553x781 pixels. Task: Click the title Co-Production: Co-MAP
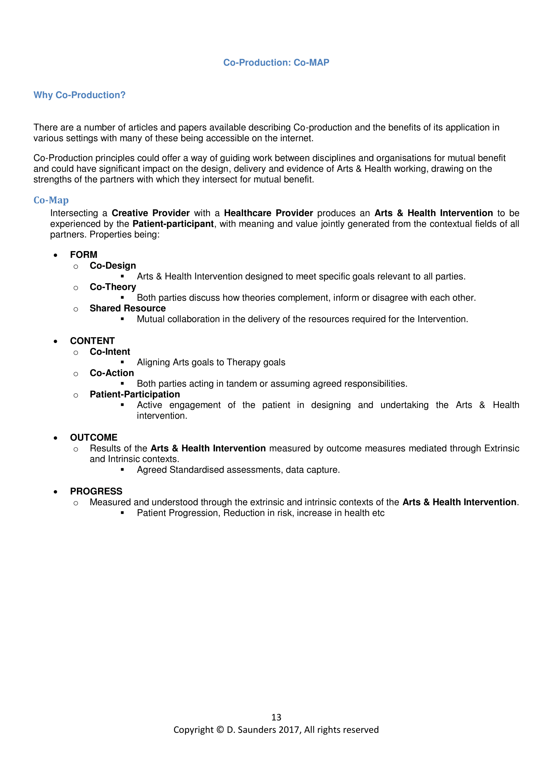[x=276, y=62]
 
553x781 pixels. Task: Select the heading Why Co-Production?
[x=79, y=95]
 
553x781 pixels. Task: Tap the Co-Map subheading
[x=51, y=200]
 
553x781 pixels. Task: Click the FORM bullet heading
[x=84, y=255]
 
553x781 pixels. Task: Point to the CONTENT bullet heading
[x=92, y=341]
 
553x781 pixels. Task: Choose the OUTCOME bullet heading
[x=94, y=437]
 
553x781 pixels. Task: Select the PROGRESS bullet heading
[x=96, y=491]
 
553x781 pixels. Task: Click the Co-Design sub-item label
[x=113, y=266]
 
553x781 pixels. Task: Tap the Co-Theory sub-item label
[x=113, y=287]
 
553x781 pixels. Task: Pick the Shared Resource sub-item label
[x=128, y=308]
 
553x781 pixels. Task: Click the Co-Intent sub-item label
[x=110, y=352]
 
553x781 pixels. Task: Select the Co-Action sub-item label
[x=112, y=373]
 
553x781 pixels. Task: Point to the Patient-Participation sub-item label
[x=135, y=394]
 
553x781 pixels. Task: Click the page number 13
[x=276, y=717]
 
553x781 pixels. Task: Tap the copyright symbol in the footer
[x=220, y=730]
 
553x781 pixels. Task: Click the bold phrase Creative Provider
[x=150, y=213]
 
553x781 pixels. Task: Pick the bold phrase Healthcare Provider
[x=268, y=213]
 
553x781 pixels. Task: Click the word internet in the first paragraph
[x=296, y=139]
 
